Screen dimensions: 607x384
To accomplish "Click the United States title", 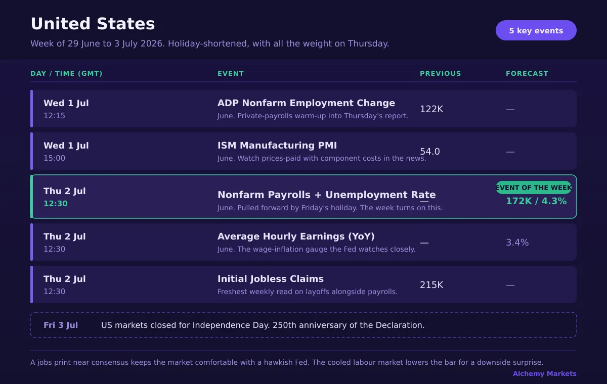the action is (93, 24).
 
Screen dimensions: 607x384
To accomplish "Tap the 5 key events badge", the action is (536, 30).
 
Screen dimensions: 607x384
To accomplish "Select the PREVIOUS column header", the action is (441, 74).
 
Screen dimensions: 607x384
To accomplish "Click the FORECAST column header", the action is (527, 74).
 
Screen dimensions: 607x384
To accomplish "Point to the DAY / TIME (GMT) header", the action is (66, 74).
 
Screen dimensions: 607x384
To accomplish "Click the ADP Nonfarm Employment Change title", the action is (306, 103).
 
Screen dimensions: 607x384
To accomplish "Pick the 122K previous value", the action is (431, 109).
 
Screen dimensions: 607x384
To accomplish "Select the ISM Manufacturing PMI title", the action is (277, 146).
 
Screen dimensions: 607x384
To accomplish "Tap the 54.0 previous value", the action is (430, 152).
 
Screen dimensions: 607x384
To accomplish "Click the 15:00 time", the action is (55, 158).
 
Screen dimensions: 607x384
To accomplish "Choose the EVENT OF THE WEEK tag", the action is (534, 187).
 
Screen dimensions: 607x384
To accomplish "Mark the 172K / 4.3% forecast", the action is (536, 201).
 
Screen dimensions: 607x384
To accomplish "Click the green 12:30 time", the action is (56, 204).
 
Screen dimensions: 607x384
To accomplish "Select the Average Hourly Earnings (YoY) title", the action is (296, 236).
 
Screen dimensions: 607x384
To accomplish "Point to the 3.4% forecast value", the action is (517, 243).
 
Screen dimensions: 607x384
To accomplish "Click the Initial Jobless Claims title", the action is (271, 279).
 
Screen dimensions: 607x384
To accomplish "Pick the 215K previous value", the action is (431, 285).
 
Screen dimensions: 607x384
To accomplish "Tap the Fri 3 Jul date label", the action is (61, 325).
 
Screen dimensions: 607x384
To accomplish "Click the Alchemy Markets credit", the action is (545, 374).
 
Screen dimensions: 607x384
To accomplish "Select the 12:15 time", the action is (55, 116).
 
